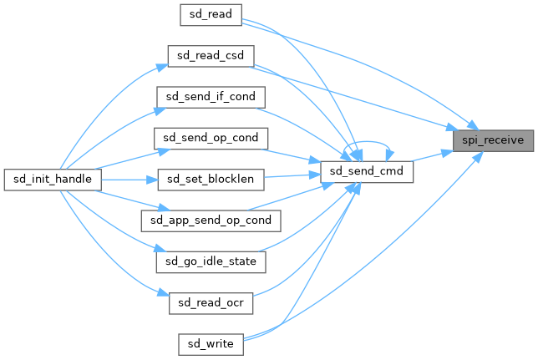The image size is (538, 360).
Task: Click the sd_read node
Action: (211, 13)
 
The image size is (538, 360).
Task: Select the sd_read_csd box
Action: (211, 55)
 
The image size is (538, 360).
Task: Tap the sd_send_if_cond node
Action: (211, 96)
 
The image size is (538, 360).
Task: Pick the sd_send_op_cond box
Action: (211, 136)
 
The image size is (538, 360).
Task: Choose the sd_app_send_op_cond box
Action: (211, 220)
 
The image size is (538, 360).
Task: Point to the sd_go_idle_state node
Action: (211, 261)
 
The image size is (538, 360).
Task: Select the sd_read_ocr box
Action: (211, 302)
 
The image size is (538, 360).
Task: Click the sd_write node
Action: (211, 342)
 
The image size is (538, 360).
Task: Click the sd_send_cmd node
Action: (367, 173)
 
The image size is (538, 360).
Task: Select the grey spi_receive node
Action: (493, 139)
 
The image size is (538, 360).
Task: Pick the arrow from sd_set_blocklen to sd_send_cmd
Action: (293, 175)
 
